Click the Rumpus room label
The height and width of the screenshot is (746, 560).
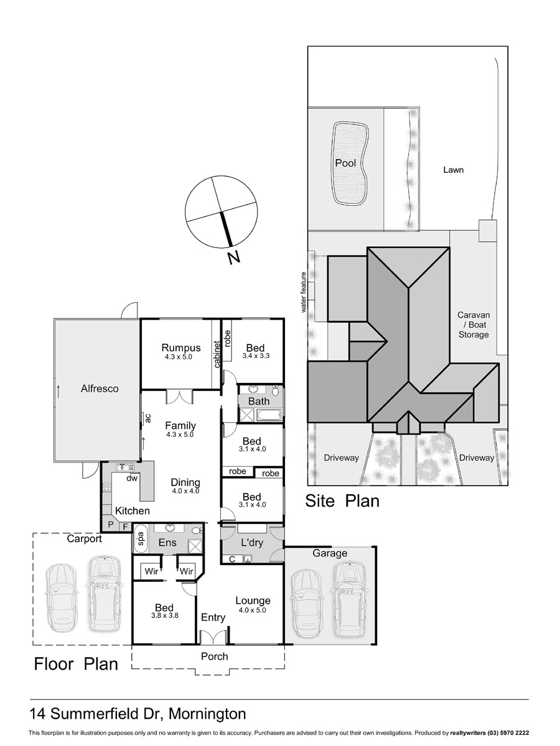181,348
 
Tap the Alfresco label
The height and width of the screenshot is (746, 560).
100,389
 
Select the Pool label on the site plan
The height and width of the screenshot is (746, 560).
345,163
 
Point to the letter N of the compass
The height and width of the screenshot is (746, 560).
234,257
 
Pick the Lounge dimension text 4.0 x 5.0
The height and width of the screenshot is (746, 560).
252,610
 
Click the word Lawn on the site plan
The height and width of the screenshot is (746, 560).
453,170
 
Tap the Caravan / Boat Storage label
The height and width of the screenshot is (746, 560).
474,325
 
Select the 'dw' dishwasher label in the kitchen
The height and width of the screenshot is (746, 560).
132,478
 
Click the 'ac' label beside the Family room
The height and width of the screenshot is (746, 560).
148,418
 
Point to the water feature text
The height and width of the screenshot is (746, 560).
304,292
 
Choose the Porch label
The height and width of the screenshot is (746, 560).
215,656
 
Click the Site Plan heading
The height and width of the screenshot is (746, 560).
342,501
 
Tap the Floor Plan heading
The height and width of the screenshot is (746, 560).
76,664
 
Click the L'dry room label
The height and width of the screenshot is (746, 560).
252,543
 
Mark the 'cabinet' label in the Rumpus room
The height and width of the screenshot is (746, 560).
217,354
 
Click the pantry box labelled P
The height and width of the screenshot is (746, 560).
111,525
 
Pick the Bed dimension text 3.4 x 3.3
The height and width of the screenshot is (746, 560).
256,356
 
